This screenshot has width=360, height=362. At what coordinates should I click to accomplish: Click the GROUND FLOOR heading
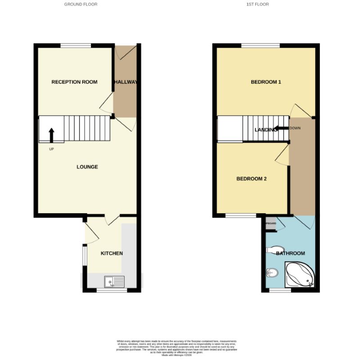(x=81, y=4)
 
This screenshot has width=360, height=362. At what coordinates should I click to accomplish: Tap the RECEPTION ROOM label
(x=74, y=82)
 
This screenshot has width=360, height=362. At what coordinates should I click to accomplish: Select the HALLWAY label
(x=126, y=82)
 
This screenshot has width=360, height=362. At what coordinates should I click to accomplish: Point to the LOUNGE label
(x=87, y=167)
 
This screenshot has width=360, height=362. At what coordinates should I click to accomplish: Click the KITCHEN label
(x=112, y=253)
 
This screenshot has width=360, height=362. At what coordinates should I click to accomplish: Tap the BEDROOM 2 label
(x=252, y=179)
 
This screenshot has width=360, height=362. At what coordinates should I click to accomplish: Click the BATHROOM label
(x=290, y=253)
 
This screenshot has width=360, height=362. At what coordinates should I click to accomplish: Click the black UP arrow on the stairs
(x=51, y=135)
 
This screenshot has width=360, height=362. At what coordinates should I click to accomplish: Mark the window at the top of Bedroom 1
(x=260, y=45)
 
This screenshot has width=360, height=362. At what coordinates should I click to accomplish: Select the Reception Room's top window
(x=76, y=45)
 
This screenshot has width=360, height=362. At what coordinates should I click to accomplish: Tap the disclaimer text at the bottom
(x=180, y=347)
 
